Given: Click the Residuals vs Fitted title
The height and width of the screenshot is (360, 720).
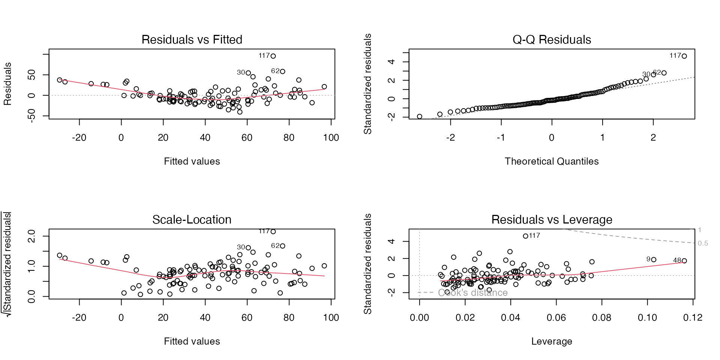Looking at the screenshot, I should point(192,40).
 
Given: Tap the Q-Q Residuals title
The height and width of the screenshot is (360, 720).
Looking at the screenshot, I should point(552,40).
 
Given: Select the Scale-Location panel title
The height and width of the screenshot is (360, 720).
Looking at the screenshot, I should point(192,220).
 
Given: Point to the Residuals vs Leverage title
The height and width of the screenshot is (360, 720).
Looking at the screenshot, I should point(552,220).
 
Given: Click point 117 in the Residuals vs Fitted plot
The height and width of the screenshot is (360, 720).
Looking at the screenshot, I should point(273,56).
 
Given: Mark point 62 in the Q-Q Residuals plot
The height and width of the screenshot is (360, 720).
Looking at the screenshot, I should point(664,73).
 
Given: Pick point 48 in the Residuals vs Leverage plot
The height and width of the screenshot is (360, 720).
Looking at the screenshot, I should point(684,261).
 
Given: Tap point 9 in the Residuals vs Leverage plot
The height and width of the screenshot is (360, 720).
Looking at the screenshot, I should point(654,259).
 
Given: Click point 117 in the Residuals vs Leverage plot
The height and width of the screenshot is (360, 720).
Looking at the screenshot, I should point(525,236).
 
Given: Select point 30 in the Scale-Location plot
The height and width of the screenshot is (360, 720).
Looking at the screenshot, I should point(248,247).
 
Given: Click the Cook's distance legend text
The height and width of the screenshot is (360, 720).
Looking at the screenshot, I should point(472,293).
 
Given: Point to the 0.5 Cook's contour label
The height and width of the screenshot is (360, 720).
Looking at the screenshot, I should point(703,243).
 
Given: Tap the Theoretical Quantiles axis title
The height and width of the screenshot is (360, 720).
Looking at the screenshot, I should point(552,161).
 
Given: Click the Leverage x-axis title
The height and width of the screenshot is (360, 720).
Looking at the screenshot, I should point(552,341).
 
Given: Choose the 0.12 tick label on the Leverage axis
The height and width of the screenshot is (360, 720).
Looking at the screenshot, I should point(693,318).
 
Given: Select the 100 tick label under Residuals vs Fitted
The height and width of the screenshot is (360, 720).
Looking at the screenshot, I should point(331,138).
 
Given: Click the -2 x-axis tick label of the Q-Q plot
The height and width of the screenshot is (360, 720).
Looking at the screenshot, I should point(450,138).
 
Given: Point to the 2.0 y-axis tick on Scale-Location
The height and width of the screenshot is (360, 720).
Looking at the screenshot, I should point(31,236).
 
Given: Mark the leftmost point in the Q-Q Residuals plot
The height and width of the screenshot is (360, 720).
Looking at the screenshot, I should point(419,117).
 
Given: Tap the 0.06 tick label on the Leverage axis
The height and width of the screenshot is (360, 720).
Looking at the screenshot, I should point(556,318).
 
